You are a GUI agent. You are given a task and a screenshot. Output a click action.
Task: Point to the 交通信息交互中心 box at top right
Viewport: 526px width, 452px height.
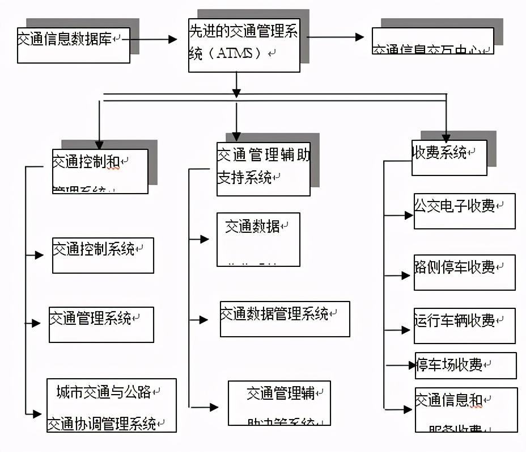pyautogui.click(x=432, y=41)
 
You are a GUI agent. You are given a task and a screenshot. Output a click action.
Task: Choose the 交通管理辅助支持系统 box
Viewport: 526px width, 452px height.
pyautogui.click(x=263, y=169)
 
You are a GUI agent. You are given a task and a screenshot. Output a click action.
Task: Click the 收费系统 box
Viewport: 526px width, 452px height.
pyautogui.click(x=449, y=158)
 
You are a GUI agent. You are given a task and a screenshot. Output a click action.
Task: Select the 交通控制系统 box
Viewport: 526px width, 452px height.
pyautogui.click(x=103, y=255)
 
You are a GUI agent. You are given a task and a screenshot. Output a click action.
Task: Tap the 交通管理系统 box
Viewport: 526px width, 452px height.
pyautogui.click(x=101, y=324)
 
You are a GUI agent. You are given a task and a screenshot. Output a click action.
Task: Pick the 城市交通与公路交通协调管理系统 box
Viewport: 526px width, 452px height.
pyautogui.click(x=111, y=405)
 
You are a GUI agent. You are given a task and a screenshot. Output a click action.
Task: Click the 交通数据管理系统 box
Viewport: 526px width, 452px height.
pyautogui.click(x=285, y=319)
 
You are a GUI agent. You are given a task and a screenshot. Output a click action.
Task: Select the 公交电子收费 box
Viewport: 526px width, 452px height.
pyautogui.click(x=464, y=211)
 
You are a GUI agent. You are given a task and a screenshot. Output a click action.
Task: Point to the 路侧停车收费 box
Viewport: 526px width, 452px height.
pyautogui.click(x=464, y=273)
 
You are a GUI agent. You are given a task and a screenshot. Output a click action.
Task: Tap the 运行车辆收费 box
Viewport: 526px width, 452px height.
pyautogui.click(x=464, y=326)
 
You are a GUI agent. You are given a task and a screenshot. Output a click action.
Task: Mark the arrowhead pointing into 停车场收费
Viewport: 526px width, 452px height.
pyautogui.click(x=413, y=365)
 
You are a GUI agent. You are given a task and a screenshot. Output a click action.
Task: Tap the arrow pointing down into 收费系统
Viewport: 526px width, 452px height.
pyautogui.click(x=446, y=137)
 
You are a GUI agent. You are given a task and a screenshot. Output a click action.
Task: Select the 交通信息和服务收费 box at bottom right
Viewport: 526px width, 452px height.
pyautogui.click(x=466, y=409)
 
